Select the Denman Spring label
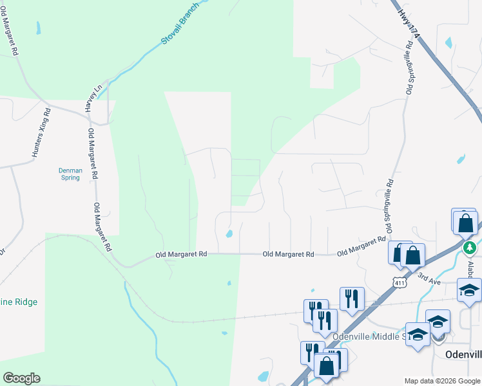pyautogui.click(x=70, y=174)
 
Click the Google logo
pyautogui.click(x=21, y=378)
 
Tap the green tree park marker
pyautogui.click(x=470, y=247)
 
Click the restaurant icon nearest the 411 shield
pyautogui.click(x=352, y=298)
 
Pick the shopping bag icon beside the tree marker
pyautogui.click(x=465, y=224)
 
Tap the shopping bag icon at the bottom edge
pyautogui.click(x=327, y=365)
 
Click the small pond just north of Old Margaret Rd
pyautogui.click(x=229, y=234)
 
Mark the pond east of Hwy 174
pyautogui.click(x=448, y=43)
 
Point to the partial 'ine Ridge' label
pyautogui.click(x=19, y=302)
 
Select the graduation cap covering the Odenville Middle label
pyautogui.click(x=418, y=335)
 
